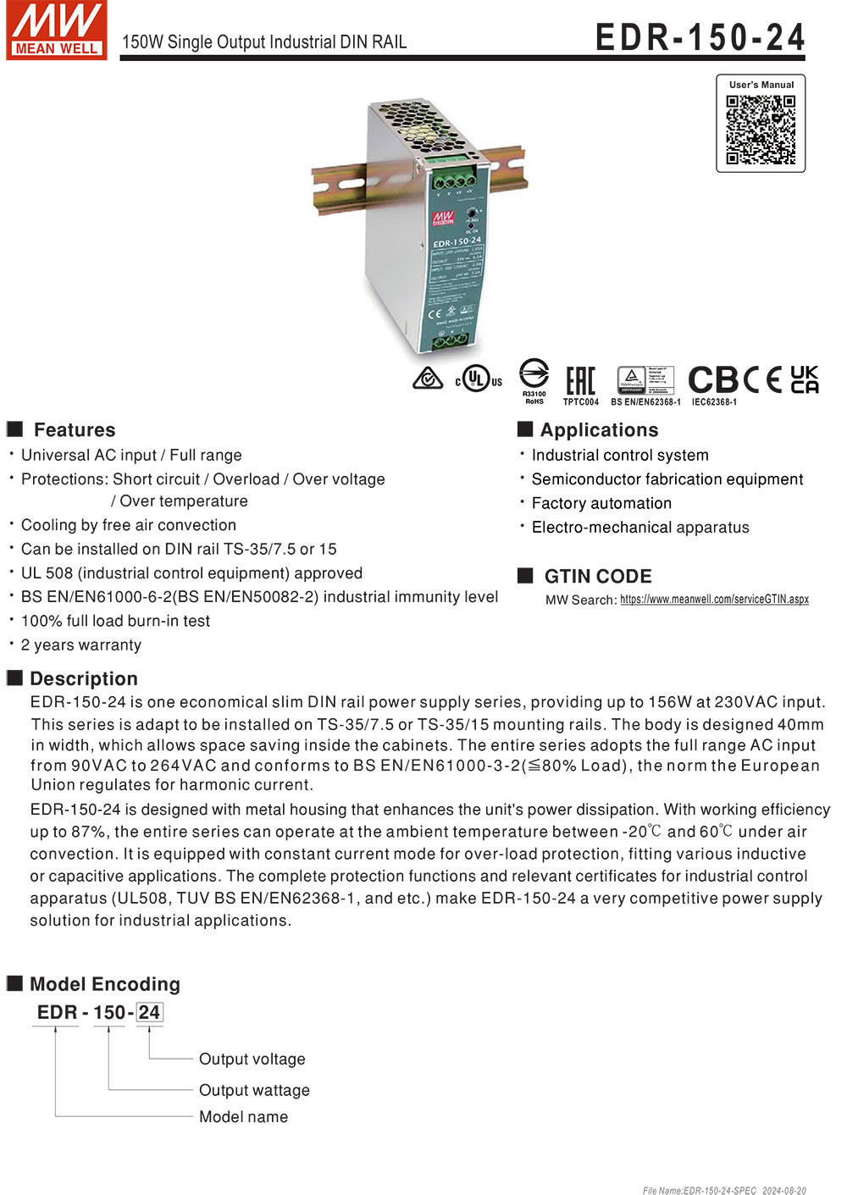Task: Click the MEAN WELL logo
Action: coord(56,30)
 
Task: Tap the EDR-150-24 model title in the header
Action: coord(700,37)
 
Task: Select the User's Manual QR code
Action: coord(761,130)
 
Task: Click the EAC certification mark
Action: coord(580,380)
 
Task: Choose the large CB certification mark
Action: coord(713,379)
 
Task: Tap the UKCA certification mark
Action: coord(804,379)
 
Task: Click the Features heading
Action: coord(74,429)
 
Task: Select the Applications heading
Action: coord(599,429)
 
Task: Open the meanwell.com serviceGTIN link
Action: coord(714,599)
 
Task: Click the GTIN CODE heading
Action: coord(597,576)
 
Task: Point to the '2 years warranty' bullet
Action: coord(80,645)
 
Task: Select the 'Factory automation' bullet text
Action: coord(601,503)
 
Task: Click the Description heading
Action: coord(83,678)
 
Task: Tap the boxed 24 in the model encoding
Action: coord(149,1012)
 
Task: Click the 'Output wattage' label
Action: coord(254,1090)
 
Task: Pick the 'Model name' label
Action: coord(243,1116)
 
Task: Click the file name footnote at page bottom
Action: coord(724,1190)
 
